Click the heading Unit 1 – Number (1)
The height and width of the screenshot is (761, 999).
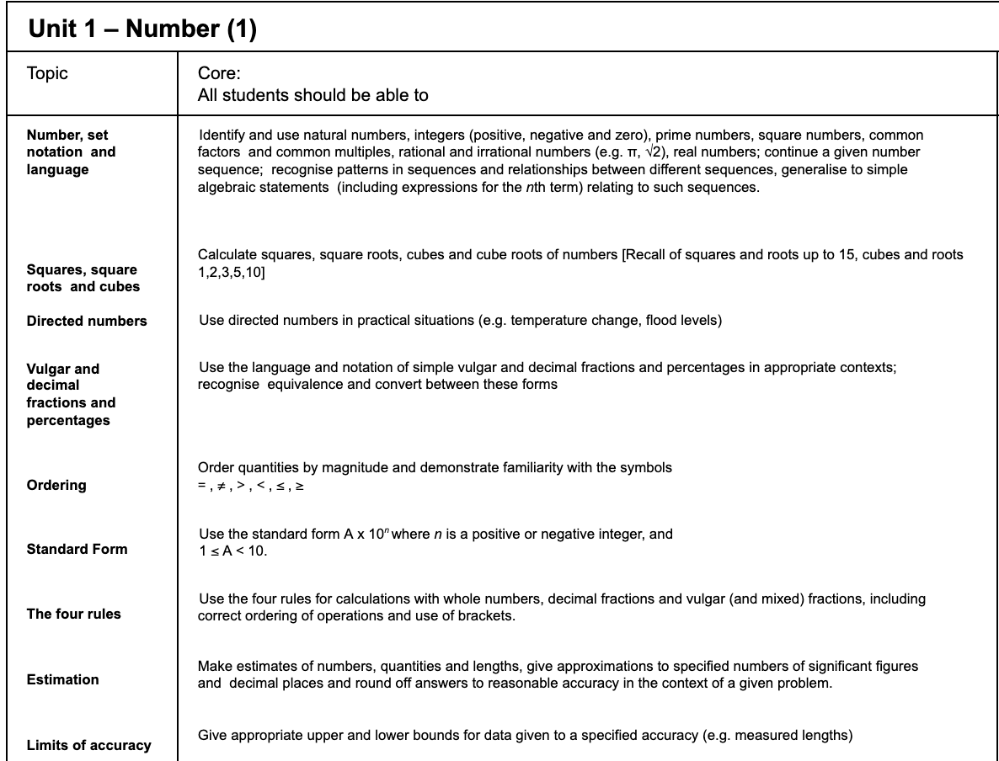[x=142, y=29]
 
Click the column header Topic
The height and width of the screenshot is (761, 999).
[x=47, y=73]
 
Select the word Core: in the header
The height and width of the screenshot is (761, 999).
[x=219, y=73]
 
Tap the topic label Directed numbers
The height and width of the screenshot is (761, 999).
[x=87, y=321]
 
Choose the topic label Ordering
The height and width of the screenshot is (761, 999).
[x=56, y=485]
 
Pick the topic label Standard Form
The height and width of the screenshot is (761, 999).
[x=77, y=549]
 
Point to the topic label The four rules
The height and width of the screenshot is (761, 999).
[x=74, y=614]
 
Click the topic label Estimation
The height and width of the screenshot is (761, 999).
[x=63, y=679]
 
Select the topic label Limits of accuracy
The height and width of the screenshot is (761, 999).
[x=89, y=745]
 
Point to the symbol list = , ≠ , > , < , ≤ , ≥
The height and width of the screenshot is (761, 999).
[x=250, y=486]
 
